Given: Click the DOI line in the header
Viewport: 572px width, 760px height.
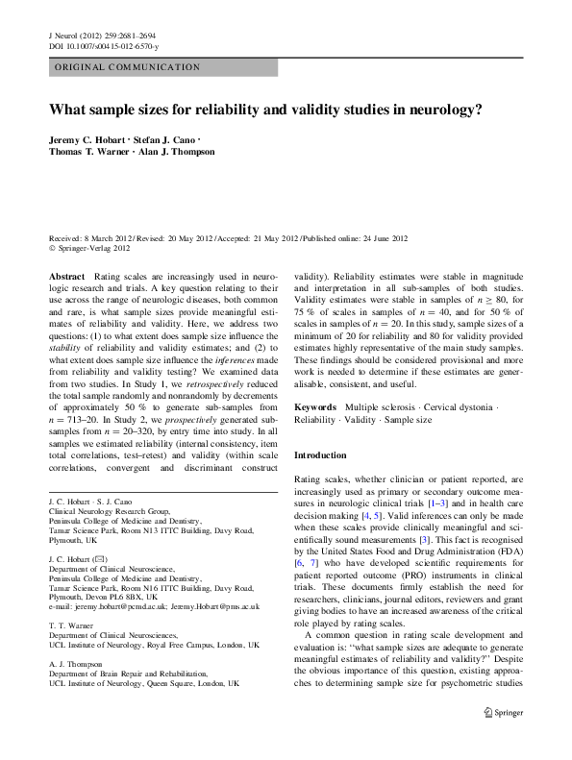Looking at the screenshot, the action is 104,46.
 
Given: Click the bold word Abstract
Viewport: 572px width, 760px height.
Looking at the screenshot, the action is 65,276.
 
